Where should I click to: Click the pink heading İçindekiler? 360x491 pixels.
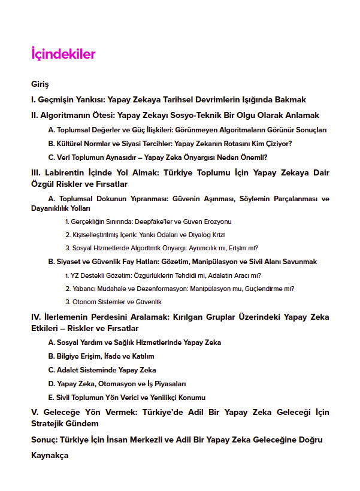pyautogui.click(x=63, y=54)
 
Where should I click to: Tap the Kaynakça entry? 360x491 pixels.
pyautogui.click(x=50, y=455)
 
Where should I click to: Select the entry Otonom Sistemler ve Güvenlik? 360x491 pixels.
pyautogui.click(x=113, y=302)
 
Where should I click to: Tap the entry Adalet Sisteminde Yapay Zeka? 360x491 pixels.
pyautogui.click(x=102, y=370)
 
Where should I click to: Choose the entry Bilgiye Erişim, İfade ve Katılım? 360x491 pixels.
pyautogui.click(x=101, y=356)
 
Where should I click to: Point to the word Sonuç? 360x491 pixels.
pyautogui.click(x=44, y=440)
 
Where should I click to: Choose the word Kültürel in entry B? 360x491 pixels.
pyautogui.click(x=70, y=144)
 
